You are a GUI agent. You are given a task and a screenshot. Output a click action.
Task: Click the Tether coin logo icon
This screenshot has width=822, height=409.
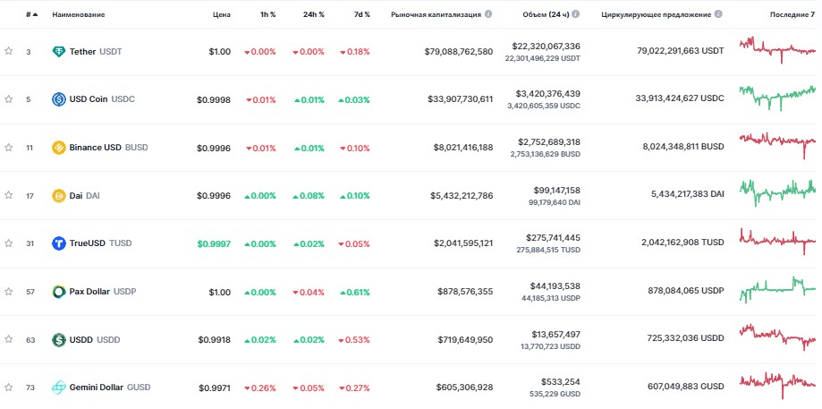click(x=59, y=52)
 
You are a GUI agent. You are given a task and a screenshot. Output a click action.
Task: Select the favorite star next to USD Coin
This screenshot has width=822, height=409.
click(x=8, y=99)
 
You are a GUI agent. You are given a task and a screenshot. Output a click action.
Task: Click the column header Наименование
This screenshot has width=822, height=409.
click(x=78, y=15)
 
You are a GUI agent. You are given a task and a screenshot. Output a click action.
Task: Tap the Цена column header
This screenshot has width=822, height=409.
click(x=221, y=15)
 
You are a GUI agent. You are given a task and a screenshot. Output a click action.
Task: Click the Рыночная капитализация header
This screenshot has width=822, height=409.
click(x=436, y=15)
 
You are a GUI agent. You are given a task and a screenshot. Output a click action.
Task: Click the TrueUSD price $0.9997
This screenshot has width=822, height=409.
click(x=213, y=243)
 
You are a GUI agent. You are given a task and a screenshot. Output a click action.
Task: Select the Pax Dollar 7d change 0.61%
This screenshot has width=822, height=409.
click(x=355, y=292)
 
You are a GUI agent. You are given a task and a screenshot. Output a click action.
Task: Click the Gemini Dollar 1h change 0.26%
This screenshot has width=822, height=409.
click(x=260, y=388)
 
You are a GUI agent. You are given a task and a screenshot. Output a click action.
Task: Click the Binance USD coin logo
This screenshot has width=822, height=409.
click(x=59, y=148)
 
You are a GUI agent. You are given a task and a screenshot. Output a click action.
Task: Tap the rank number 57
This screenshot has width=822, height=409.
click(x=29, y=292)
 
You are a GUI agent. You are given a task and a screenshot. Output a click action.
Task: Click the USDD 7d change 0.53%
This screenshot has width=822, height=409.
click(x=355, y=340)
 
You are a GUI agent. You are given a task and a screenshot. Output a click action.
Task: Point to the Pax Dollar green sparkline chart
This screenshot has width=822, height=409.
click(x=776, y=288)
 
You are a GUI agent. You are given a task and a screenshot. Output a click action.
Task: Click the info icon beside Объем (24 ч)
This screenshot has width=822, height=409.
click(x=575, y=15)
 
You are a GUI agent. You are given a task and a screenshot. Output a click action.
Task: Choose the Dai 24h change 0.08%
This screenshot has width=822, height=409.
click(x=309, y=196)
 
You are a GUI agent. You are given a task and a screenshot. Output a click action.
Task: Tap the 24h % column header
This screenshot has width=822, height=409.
click(x=312, y=15)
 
